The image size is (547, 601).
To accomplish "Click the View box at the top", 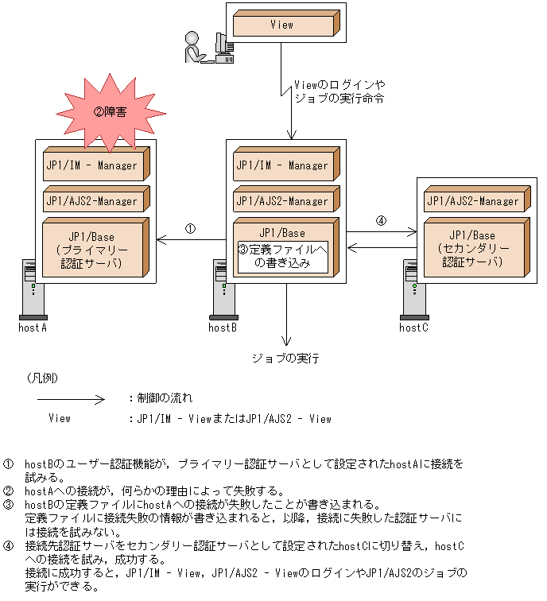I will (x=281, y=25).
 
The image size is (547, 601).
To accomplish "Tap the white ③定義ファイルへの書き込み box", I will (x=284, y=257).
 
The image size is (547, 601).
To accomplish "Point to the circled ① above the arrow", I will (x=189, y=228).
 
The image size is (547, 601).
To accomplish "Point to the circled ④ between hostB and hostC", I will (x=381, y=221).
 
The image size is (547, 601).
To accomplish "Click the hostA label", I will (x=33, y=327).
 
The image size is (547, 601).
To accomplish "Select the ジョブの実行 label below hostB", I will (x=285, y=359).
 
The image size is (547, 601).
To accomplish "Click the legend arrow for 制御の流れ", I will (x=72, y=398).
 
